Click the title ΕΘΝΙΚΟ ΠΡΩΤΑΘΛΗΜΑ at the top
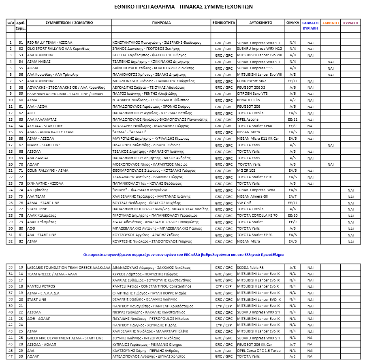183,6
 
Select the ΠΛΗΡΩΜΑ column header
161,23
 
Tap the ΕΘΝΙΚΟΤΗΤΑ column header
223,23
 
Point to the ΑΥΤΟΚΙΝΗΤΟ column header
260,23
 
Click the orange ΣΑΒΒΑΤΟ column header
330,23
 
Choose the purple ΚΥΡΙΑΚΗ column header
350,23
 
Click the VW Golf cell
244,203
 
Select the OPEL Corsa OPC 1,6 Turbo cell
259,351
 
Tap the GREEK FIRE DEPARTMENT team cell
65,338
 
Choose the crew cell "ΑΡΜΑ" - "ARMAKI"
129,132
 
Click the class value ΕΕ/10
292,215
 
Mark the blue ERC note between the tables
183,255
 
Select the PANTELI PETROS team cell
41,286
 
